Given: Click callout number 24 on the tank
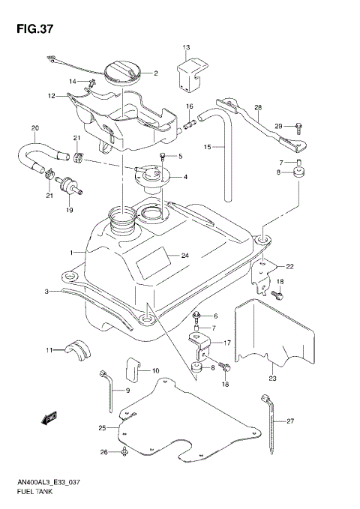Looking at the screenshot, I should click(184, 256).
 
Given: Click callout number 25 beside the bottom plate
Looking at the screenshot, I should click(102, 428).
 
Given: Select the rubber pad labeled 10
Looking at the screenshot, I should click(131, 369).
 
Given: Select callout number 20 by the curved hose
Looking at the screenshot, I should click(34, 127).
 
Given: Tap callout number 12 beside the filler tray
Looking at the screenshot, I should click(52, 95).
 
